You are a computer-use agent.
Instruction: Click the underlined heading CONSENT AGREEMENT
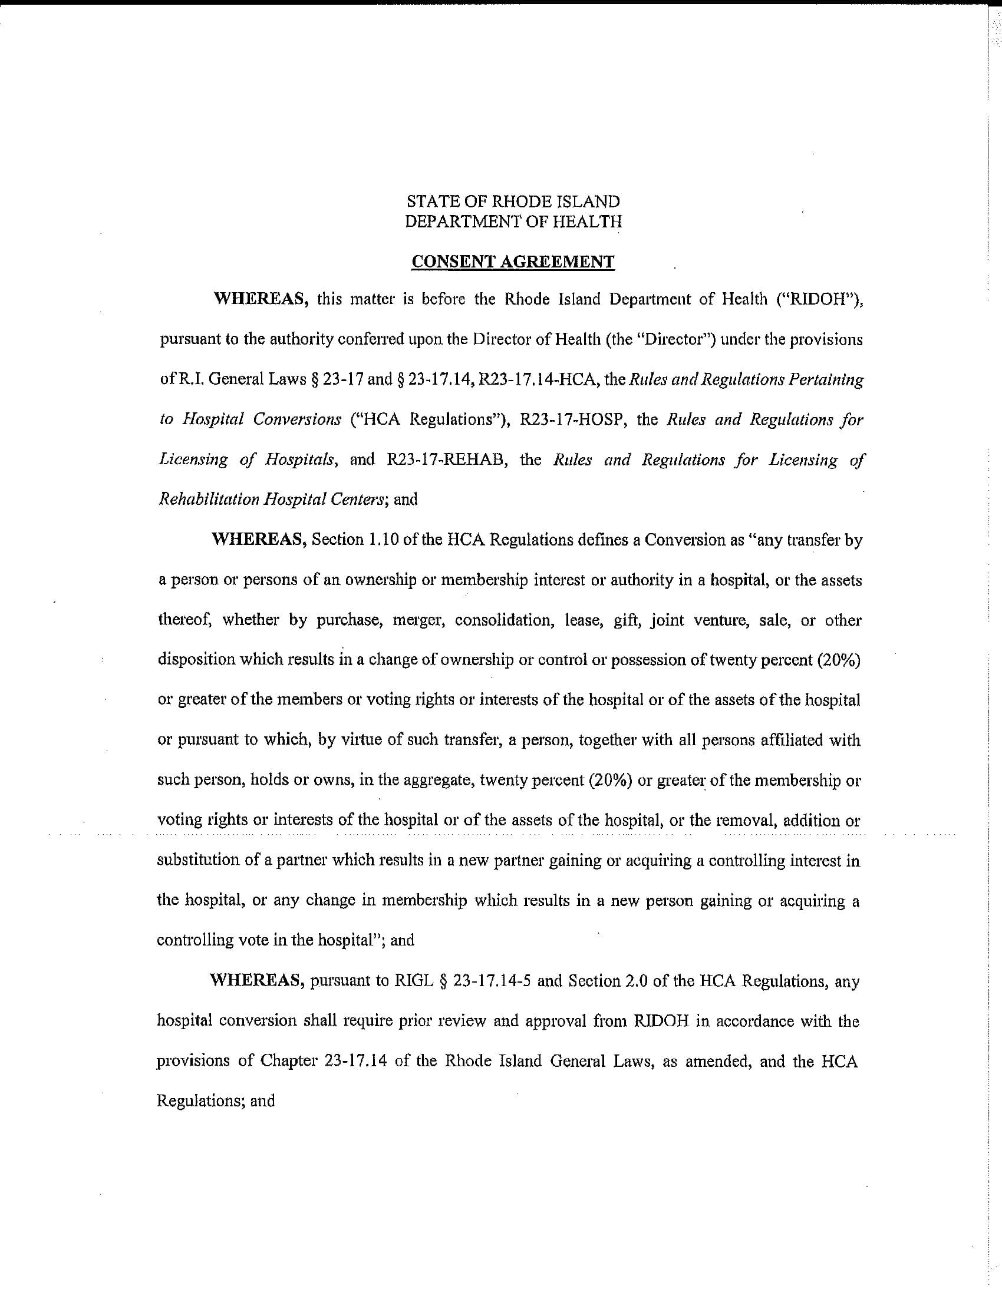pyautogui.click(x=513, y=262)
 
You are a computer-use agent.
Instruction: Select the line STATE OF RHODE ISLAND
pyautogui.click(x=513, y=201)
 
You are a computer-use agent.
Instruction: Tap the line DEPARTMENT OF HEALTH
pyautogui.click(x=513, y=221)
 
